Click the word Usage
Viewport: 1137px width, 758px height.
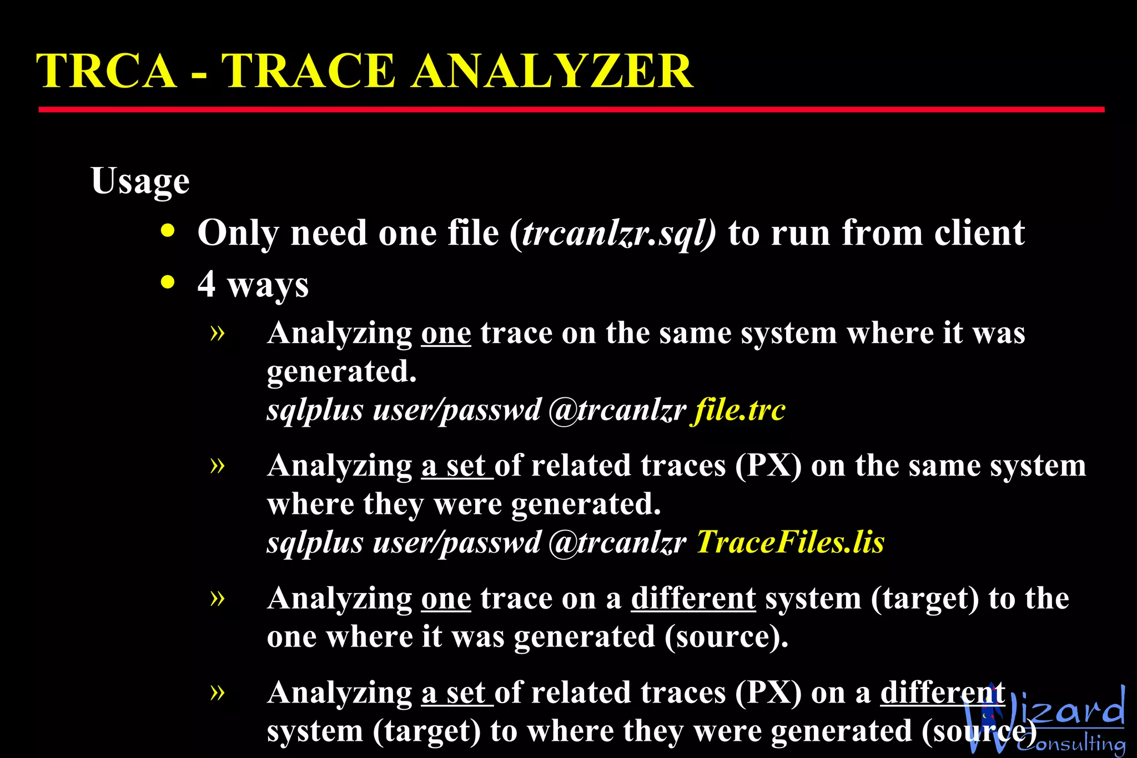coord(140,181)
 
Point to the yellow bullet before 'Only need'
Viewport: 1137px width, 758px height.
coord(168,231)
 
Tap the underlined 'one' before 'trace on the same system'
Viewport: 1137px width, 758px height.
coord(446,333)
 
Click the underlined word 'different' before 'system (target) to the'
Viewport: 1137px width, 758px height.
coord(693,599)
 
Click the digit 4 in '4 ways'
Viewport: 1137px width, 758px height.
coord(207,284)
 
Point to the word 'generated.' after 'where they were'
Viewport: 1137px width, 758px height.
coord(586,504)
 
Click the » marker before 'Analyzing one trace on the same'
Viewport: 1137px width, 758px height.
coord(218,333)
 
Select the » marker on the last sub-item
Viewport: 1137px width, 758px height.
coord(218,692)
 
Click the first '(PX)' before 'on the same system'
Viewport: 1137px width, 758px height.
coord(768,466)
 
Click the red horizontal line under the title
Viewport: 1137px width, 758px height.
coord(571,110)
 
